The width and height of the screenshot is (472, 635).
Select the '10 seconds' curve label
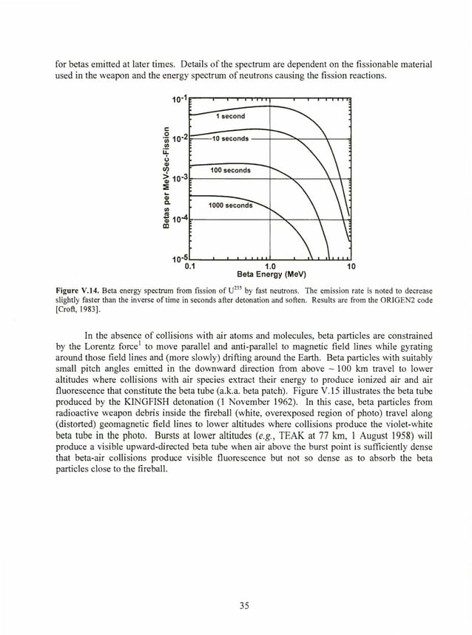(229, 139)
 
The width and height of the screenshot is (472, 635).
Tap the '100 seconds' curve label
(230, 171)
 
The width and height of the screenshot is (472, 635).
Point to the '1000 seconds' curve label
(231, 205)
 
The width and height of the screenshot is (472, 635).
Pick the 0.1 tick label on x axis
(189, 266)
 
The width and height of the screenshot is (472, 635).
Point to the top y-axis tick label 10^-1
(180, 100)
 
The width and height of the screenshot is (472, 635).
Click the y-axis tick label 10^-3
(180, 179)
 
